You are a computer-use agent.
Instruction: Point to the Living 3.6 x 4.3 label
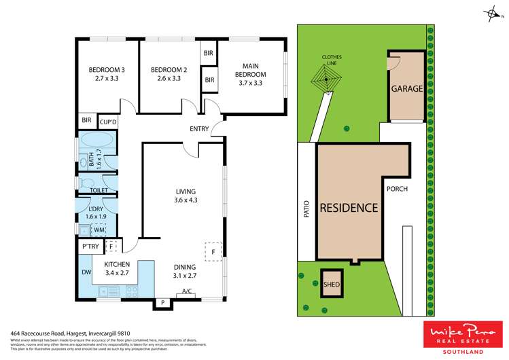185,196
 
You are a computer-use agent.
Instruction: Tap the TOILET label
90,191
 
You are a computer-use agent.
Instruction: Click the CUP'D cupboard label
108,122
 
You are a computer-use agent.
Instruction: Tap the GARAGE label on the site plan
406,89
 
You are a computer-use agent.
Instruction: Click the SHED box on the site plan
331,285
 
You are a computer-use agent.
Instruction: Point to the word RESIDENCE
349,208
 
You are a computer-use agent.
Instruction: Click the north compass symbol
491,12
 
